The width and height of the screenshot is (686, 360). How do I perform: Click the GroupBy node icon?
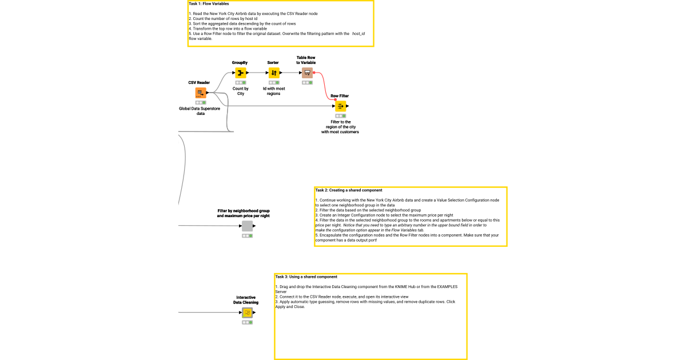pos(241,73)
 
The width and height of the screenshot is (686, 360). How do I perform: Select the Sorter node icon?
pos(274,73)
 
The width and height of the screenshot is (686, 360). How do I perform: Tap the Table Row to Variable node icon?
pos(307,73)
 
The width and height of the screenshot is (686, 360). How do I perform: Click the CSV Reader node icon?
pos(200,93)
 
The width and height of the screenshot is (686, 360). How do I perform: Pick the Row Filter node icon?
pos(340,106)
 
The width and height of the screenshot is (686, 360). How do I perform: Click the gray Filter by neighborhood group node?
pos(247,226)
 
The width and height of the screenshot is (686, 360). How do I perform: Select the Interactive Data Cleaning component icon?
pos(247,313)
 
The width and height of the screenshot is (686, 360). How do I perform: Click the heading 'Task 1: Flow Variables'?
pos(209,4)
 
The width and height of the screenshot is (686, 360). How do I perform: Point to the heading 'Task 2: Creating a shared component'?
pos(349,190)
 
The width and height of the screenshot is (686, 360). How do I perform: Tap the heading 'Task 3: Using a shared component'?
pos(306,277)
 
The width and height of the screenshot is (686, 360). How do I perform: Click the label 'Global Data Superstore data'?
pos(200,111)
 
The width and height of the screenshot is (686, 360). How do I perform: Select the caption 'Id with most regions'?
pos(274,91)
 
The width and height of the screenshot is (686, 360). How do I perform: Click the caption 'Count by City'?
pos(241,91)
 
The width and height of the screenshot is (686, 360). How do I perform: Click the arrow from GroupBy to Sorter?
pos(257,73)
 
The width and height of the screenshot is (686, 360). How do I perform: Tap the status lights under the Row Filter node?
pos(340,116)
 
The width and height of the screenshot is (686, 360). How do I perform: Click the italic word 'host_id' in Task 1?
pos(358,34)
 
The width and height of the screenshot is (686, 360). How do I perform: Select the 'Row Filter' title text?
pos(340,96)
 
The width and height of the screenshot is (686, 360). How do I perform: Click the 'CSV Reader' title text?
pos(199,83)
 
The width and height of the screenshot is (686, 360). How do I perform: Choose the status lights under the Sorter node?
pos(274,83)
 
